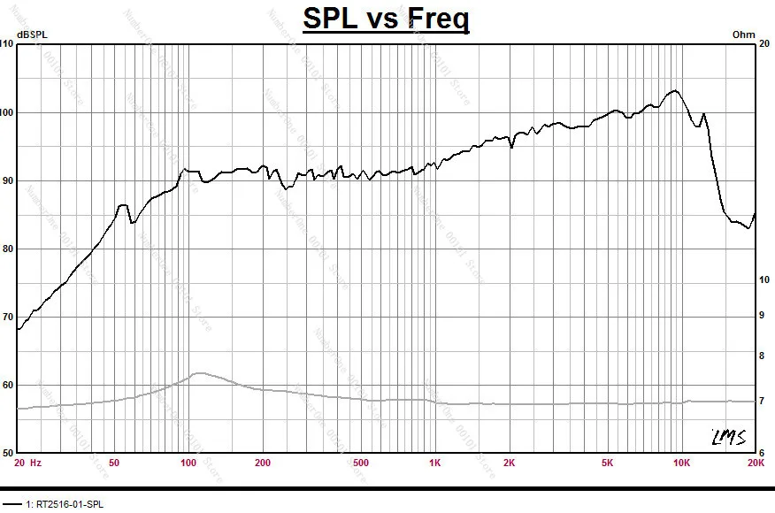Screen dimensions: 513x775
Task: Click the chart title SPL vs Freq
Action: point(386,18)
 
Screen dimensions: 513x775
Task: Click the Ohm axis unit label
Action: point(744,34)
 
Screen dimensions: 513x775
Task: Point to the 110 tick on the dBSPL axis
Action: point(7,44)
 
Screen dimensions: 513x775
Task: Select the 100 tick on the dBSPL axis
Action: point(7,112)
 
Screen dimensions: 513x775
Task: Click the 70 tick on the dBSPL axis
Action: point(9,317)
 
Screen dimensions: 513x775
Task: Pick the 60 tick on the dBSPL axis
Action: point(9,385)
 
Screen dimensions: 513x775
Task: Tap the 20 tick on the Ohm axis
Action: point(766,44)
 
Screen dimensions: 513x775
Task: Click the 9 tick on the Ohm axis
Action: point(763,314)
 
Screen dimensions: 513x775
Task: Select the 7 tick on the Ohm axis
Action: point(763,402)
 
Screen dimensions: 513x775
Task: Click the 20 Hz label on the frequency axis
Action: point(27,462)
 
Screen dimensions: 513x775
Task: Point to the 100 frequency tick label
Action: point(188,462)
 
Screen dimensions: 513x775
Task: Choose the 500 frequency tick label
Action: point(360,462)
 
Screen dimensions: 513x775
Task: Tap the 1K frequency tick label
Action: point(434,462)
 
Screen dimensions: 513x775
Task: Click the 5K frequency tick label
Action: point(607,462)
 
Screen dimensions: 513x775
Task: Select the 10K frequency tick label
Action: point(681,462)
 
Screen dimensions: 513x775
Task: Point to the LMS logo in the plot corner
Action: point(728,437)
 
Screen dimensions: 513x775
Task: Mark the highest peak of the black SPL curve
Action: point(675,90)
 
